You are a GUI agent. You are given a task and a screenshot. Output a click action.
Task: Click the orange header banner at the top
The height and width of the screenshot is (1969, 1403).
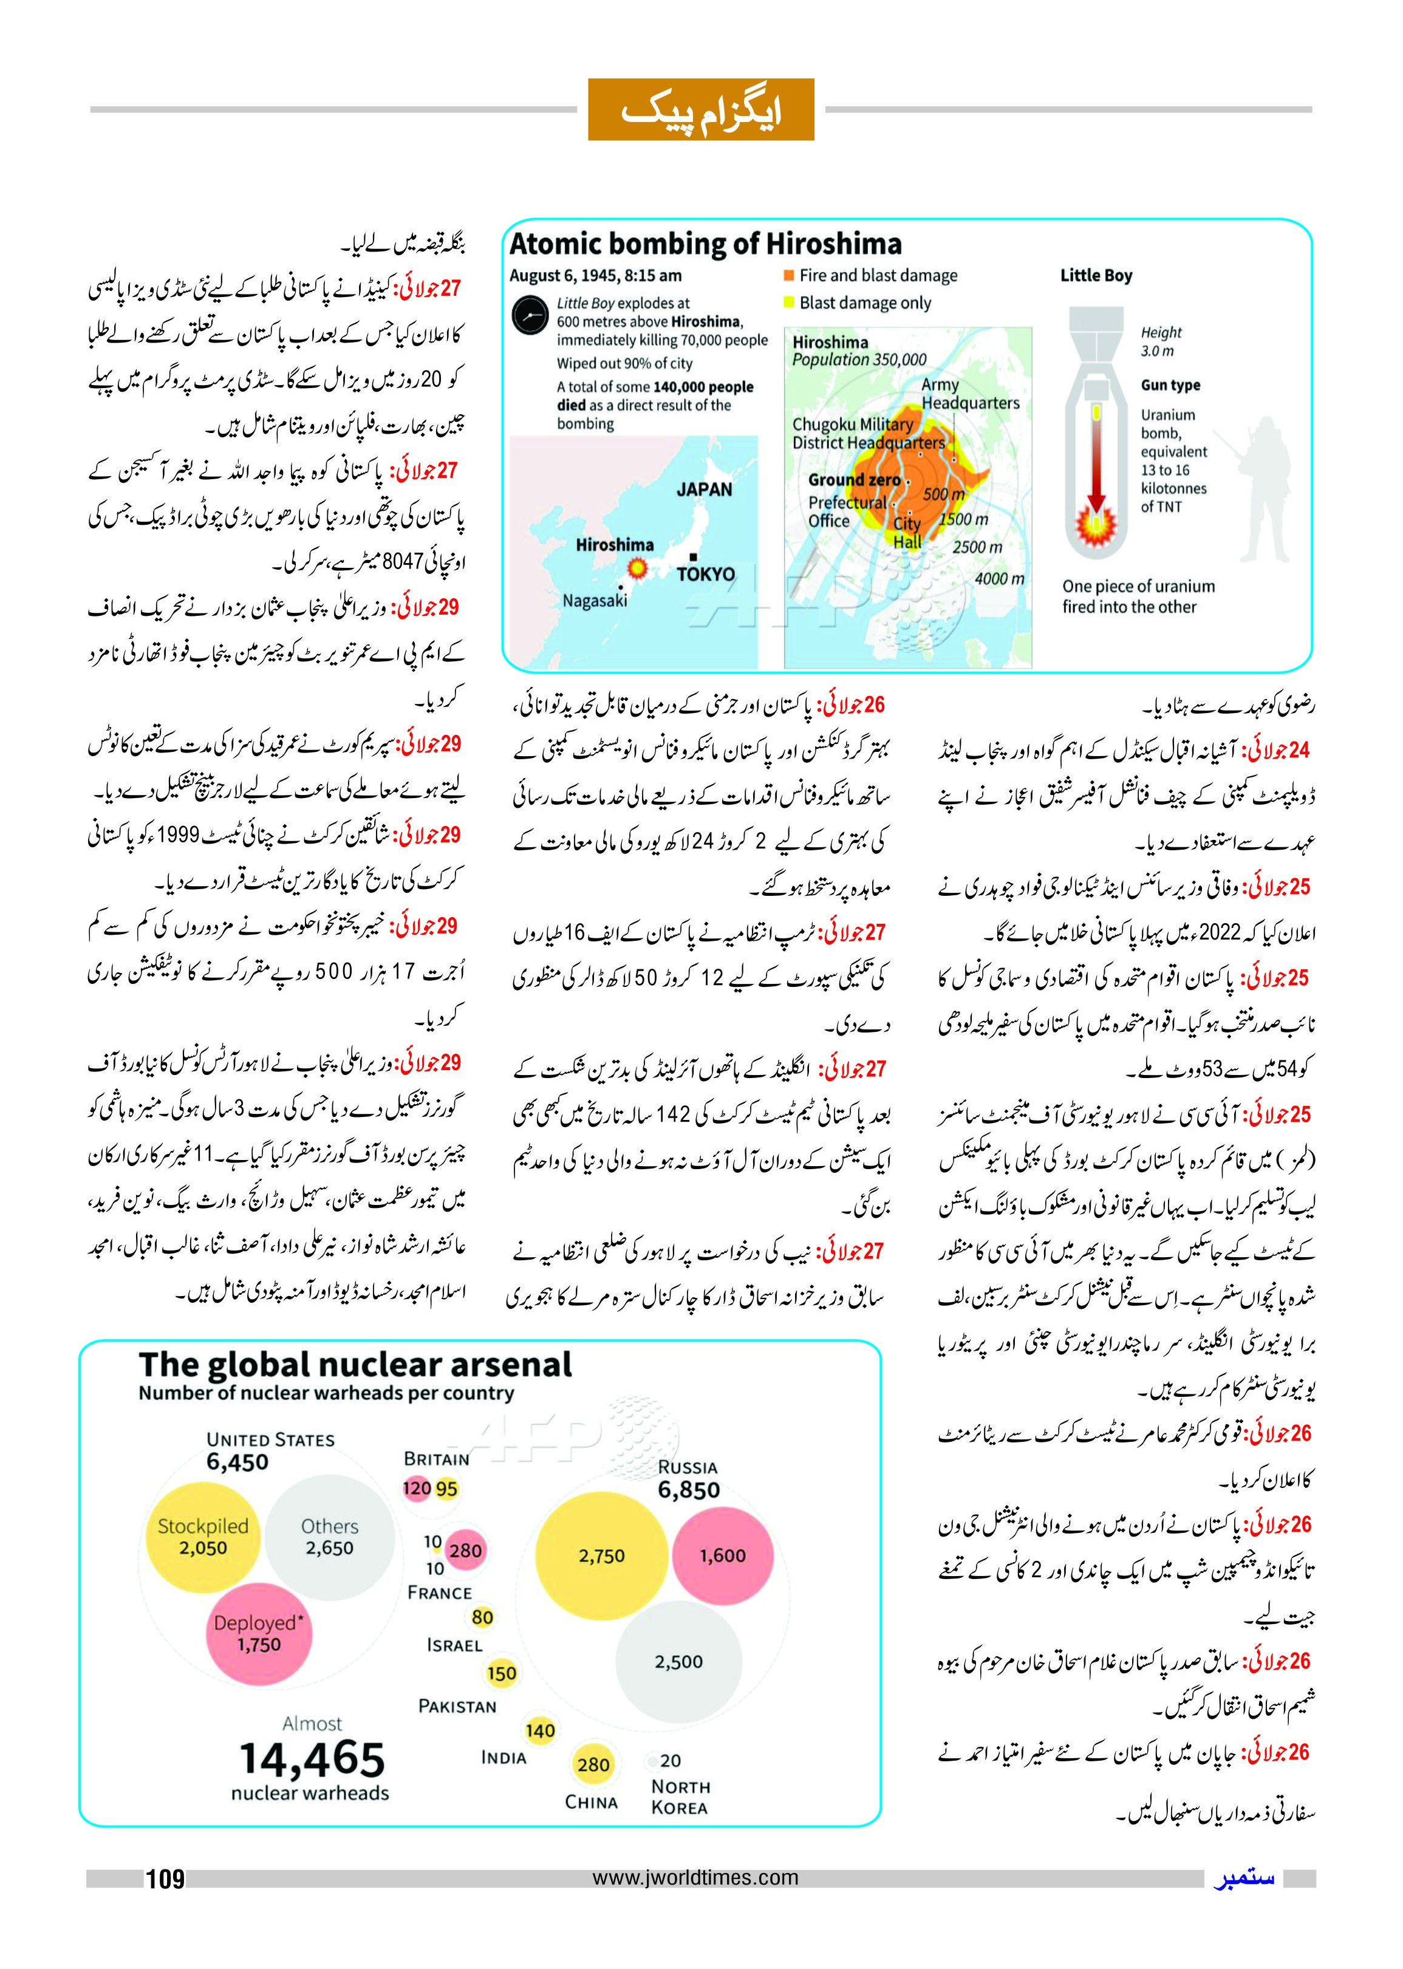click(x=701, y=110)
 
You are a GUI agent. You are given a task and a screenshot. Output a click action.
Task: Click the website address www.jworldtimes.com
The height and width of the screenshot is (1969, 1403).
click(x=695, y=1877)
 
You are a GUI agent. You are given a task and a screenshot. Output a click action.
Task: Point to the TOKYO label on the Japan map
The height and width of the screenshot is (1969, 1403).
click(x=706, y=575)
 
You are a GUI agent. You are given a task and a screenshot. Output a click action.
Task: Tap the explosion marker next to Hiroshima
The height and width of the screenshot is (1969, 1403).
click(x=638, y=568)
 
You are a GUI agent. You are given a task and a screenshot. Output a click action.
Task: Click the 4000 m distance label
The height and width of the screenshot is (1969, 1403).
click(x=1000, y=579)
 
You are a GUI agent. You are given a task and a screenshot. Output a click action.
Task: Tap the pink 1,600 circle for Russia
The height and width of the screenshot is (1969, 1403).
click(x=722, y=1556)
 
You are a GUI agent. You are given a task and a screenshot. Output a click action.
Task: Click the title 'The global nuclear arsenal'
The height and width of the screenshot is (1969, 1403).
click(x=355, y=1366)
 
